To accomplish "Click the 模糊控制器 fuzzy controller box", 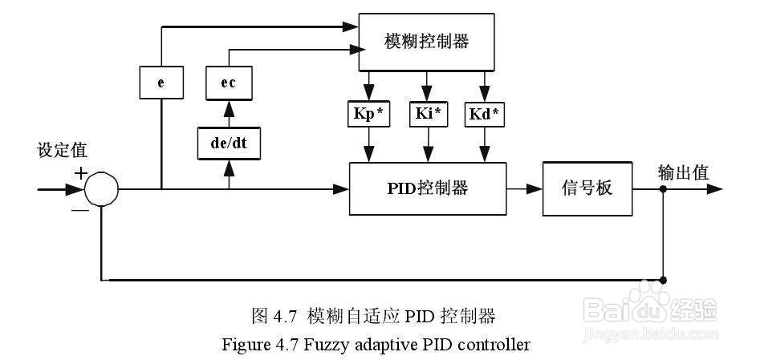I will tap(425, 42).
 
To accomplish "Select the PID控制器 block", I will tap(427, 189).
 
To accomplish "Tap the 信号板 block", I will tap(587, 189).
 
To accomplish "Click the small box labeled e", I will tap(161, 82).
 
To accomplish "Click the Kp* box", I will tap(369, 115).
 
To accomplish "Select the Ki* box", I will tap(426, 115).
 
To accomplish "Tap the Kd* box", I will tap(483, 115).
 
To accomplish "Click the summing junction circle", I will tap(101, 190).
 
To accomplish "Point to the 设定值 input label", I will tap(62, 151).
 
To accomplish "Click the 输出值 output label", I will tap(683, 173).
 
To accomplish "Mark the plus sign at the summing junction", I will tap(80, 172).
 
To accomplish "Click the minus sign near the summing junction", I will tap(80, 211).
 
